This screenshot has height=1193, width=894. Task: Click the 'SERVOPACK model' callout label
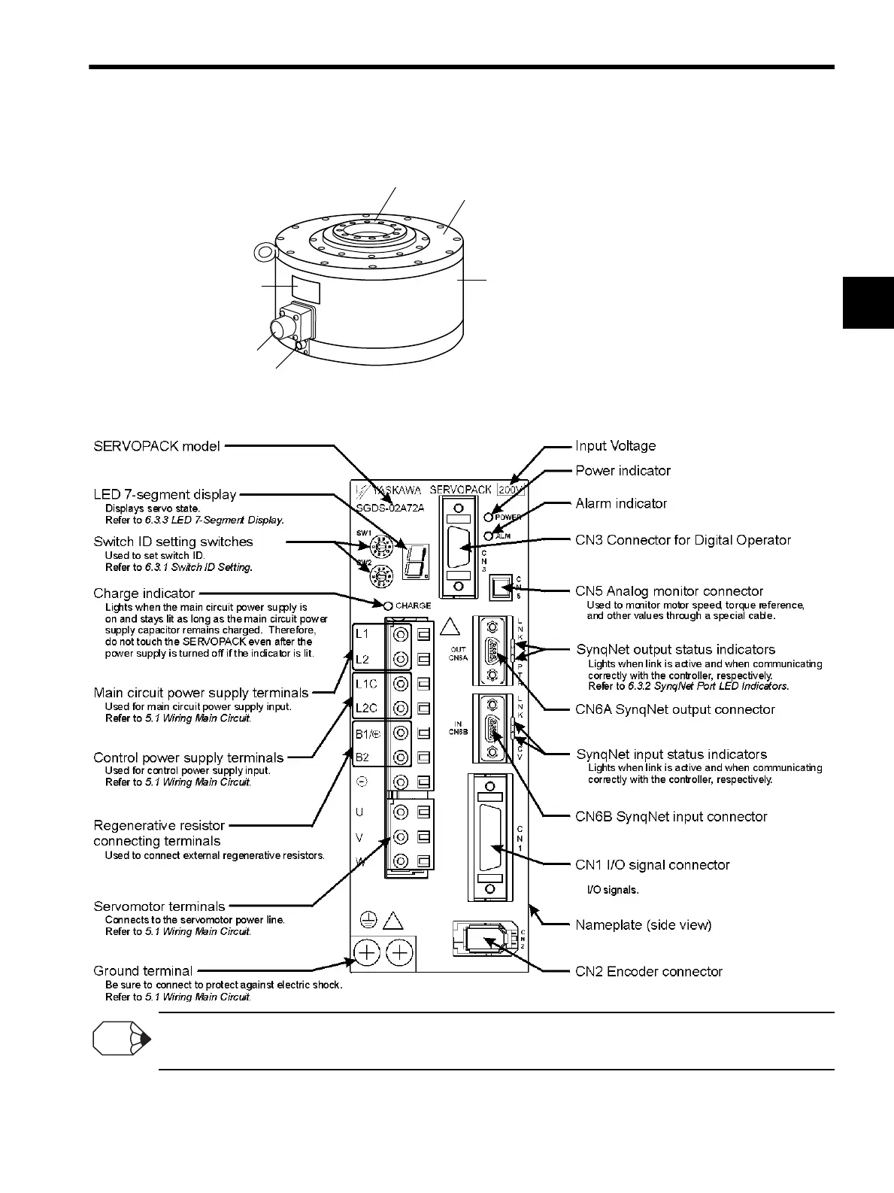pos(156,446)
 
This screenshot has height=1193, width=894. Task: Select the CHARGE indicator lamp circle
pos(388,606)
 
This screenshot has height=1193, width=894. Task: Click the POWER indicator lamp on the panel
pos(489,517)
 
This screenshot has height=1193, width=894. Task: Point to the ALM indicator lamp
pos(489,536)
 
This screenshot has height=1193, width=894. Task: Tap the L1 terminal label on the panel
pos(362,634)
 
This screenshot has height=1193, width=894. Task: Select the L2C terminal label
pos(366,708)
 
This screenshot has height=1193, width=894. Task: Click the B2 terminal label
pos(362,757)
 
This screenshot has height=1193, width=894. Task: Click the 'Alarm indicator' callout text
pos(621,504)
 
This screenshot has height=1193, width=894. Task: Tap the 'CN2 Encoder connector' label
pos(648,972)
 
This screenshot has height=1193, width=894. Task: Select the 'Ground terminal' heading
pos(143,971)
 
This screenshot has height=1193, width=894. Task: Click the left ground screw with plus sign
pos(366,953)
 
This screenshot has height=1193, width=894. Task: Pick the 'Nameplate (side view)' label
pos(643,925)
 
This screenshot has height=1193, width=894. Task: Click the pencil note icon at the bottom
pos(120,1040)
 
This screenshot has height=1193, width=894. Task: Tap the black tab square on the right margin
pos(868,302)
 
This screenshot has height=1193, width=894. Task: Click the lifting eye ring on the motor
pos(262,250)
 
